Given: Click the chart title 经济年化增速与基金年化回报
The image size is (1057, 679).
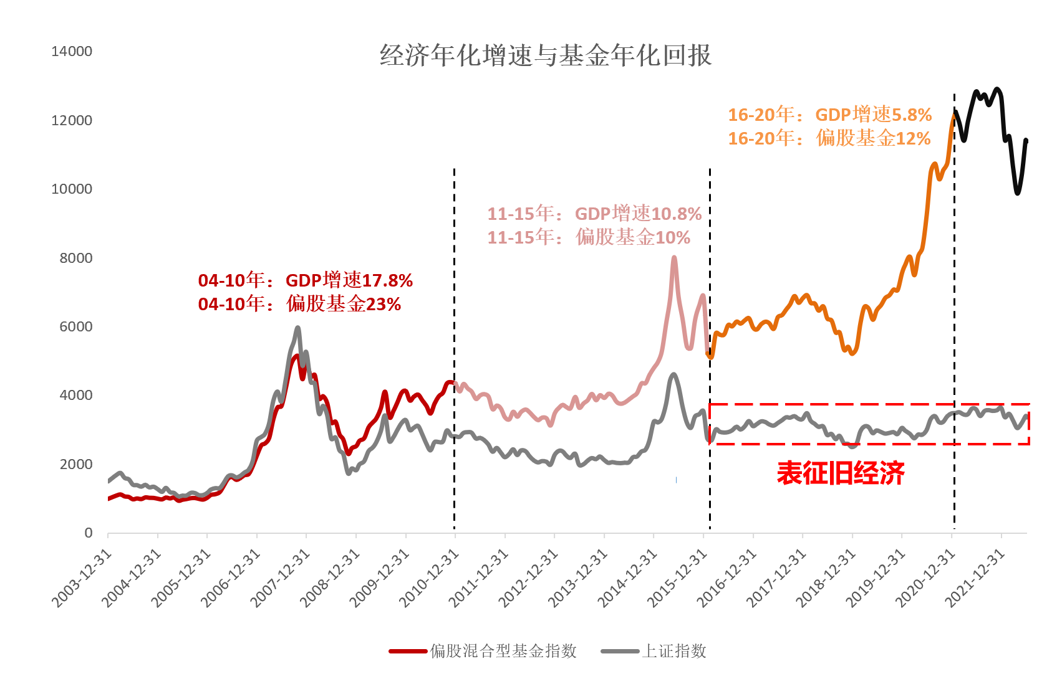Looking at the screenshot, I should tap(546, 56).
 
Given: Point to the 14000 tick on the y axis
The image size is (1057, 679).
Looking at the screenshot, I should tap(72, 52).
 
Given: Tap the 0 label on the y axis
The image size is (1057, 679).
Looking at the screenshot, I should tap(89, 533).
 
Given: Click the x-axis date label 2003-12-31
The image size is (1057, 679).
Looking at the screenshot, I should tap(82, 579).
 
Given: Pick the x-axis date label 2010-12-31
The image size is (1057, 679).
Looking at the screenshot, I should tap(429, 579).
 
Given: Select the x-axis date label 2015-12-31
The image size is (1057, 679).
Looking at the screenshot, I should tap(677, 579).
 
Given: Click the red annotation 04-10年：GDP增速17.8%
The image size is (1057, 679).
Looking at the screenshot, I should tap(306, 280).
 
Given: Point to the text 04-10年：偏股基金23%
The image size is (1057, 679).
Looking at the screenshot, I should tap(299, 304).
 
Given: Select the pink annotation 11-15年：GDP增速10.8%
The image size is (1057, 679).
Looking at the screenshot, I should tap(594, 214).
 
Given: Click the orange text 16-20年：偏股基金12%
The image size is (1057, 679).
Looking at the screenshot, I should tap(829, 138).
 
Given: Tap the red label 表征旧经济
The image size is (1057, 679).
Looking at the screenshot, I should tap(840, 474).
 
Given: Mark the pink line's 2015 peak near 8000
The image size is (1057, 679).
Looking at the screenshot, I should tap(674, 258).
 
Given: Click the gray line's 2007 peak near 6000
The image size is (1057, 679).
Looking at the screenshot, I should tap(297, 328).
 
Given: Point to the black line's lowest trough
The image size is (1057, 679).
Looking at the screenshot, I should tap(1017, 192).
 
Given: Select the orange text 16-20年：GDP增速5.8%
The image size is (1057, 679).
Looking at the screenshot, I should tap(829, 115).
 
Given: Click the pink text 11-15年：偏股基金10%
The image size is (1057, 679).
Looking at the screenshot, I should tap(589, 237).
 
